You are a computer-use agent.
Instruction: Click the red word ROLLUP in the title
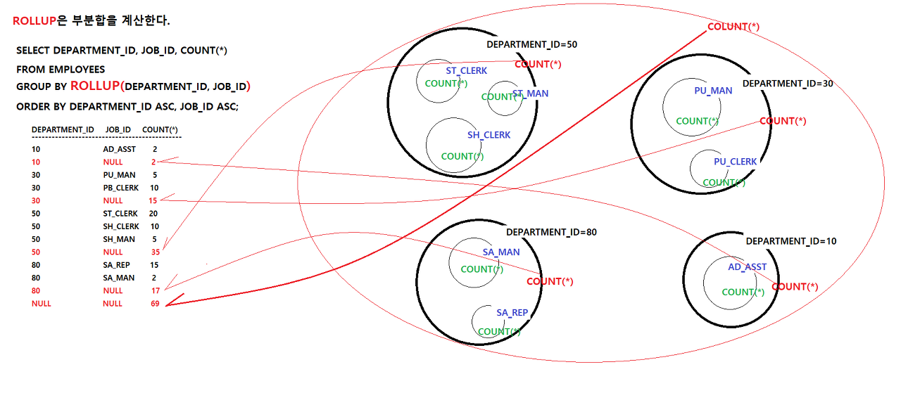pos(34,20)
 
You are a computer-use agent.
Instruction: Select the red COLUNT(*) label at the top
pos(733,27)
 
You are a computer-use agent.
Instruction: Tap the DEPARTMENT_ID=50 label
pos(531,44)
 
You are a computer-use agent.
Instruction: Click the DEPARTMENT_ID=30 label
pos(788,83)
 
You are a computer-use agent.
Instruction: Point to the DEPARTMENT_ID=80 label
pos(551,232)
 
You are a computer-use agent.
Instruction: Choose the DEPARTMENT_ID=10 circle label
pos(791,241)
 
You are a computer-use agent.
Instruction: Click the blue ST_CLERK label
pos(466,70)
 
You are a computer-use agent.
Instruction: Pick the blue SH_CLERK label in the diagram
pos(489,135)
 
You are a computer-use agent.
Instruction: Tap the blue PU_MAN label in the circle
pos(713,91)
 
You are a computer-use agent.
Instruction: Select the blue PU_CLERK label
pos(735,162)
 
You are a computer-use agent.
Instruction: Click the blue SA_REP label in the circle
pos(512,313)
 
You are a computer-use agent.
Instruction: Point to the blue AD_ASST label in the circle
pos(747,267)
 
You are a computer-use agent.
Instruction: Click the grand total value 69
pos(155,304)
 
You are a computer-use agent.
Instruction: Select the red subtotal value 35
pos(155,252)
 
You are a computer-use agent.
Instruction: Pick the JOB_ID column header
pos(118,129)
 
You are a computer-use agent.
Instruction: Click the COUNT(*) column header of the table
pos(160,129)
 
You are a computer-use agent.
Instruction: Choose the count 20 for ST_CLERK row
pos(153,213)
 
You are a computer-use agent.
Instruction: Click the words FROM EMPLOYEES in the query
pos(61,70)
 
